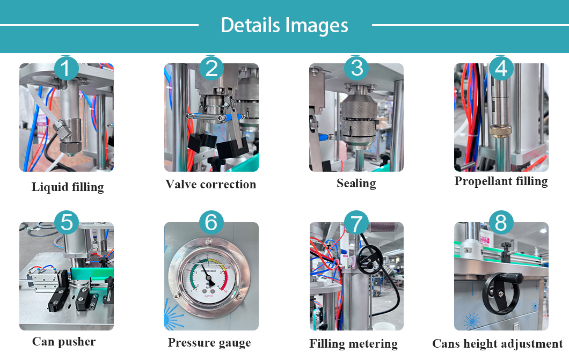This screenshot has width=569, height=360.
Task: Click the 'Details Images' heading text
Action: point(284,25)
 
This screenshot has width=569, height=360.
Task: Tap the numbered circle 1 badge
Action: point(66,69)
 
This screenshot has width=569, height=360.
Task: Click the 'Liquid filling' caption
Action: point(67,187)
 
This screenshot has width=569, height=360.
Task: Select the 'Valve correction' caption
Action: point(210,185)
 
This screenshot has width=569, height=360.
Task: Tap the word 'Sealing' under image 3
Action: point(356,183)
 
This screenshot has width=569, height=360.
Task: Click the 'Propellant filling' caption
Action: point(501,181)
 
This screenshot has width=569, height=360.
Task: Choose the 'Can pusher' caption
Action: point(64,342)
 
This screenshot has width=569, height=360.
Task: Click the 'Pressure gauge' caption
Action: point(209,343)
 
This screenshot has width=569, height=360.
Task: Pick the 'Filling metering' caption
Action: point(353,343)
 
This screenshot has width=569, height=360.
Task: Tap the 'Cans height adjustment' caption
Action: point(498,344)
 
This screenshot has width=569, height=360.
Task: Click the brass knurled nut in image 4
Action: point(500,130)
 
